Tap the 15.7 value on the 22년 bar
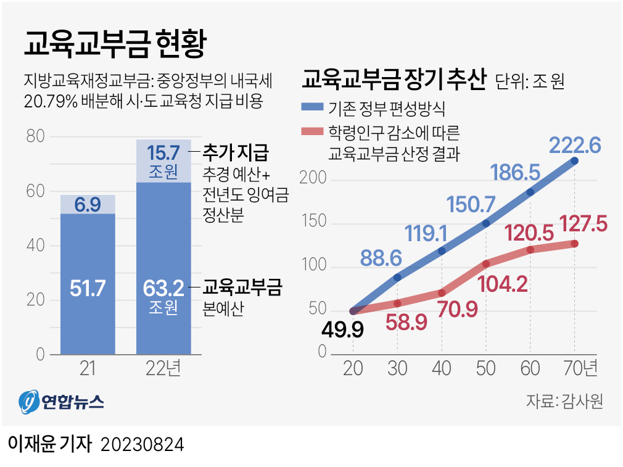[x=163, y=151]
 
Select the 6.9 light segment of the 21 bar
[x=88, y=204]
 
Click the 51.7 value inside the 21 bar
[x=88, y=288]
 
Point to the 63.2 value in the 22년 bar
[x=163, y=288]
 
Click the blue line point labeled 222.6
[x=574, y=161]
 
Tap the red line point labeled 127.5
[x=574, y=244]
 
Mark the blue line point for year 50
[x=486, y=223]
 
